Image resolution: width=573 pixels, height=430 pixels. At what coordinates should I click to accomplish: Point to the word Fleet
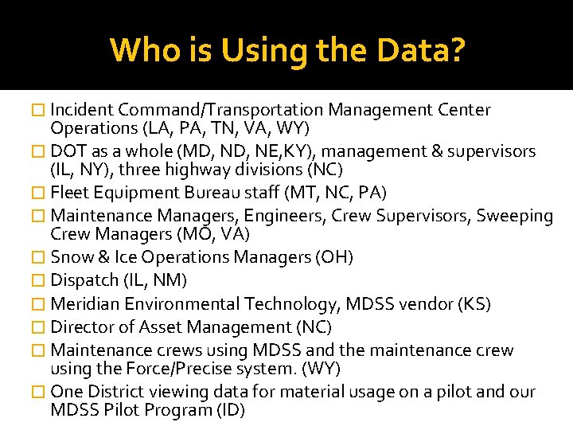(68, 193)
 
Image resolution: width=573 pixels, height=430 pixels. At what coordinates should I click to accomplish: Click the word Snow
(70, 257)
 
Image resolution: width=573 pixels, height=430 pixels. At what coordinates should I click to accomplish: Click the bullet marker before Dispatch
(44, 281)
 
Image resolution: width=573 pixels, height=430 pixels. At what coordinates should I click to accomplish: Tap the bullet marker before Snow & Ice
(44, 258)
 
